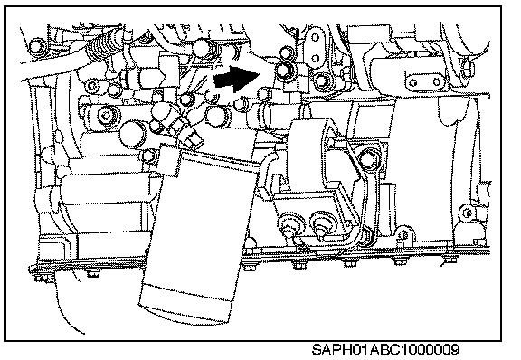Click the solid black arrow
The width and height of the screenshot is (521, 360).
tap(237, 79)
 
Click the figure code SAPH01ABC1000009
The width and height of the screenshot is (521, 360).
tap(385, 350)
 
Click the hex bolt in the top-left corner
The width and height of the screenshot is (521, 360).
tap(36, 45)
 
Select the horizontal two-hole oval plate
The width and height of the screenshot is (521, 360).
tap(424, 81)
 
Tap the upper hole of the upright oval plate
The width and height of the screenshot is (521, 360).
tap(315, 37)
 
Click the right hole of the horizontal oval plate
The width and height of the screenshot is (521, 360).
tap(436, 82)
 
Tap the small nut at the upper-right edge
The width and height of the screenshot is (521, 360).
tap(466, 69)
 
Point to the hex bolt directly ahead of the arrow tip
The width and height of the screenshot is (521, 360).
tap(284, 71)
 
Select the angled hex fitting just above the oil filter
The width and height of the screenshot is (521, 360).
tap(191, 136)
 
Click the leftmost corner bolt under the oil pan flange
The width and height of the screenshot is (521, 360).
tap(44, 277)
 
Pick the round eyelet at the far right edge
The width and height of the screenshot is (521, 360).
tap(468, 213)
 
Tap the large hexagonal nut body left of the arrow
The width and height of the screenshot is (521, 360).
tap(150, 77)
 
